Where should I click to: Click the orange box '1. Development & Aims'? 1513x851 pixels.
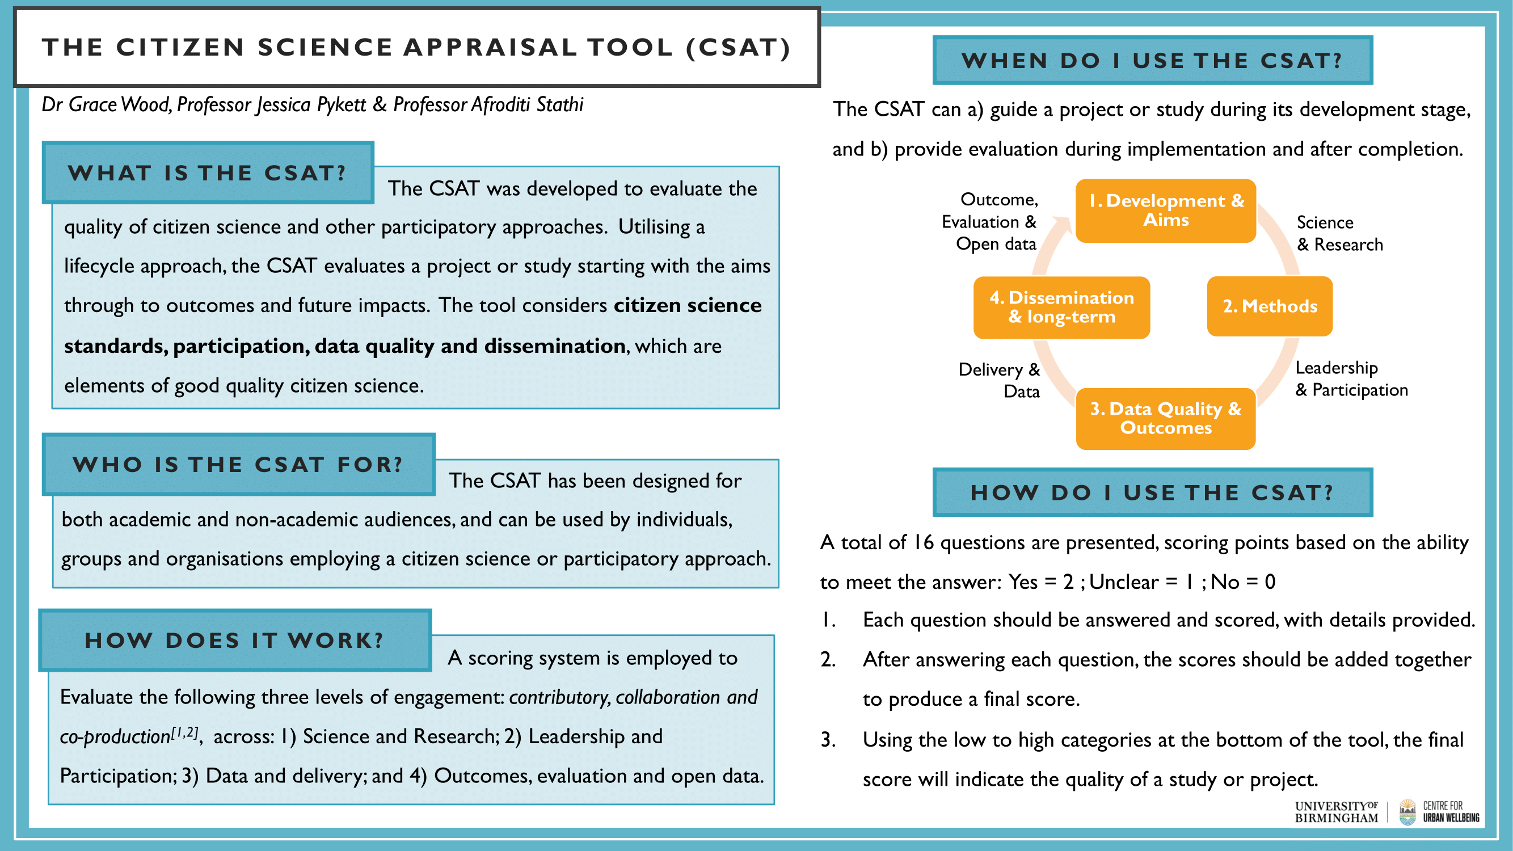1165,211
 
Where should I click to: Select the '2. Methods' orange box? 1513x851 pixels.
1269,306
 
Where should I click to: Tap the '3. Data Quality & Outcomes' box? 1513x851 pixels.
1165,418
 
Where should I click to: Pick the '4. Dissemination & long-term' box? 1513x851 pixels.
1061,307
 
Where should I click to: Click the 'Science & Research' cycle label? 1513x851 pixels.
1339,233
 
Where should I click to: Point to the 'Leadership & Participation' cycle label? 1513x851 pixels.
1351,378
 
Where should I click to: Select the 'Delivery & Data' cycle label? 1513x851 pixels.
999,380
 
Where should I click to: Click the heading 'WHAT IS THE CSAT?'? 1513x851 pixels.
207,172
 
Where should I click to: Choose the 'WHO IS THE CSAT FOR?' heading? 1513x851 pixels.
238,465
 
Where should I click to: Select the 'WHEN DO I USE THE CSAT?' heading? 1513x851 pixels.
1152,61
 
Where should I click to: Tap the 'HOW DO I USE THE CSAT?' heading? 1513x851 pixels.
1152,492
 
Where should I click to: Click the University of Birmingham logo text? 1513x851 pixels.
1336,812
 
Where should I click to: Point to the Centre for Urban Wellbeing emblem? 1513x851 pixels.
1407,812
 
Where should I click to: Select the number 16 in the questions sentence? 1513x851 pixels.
924,542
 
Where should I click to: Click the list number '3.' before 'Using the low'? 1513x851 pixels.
828,739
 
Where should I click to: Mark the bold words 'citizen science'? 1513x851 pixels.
687,305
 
